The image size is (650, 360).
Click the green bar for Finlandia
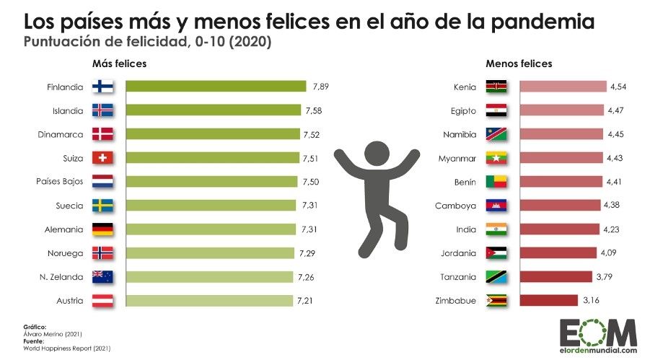pos(216,87)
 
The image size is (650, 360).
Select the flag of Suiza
pos(103,158)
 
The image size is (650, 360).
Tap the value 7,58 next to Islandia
pos(314,110)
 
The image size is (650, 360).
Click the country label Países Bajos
pos(61,182)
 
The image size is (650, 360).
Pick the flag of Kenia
pos(496,87)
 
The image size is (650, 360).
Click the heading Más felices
pos(119,63)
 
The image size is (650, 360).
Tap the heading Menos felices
pos(519,63)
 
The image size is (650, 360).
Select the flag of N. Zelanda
pos(103,276)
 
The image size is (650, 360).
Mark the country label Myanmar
pos(455,158)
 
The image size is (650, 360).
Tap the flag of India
pos(496,229)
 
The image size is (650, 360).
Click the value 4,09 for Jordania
pos(609,253)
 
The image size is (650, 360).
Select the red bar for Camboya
pos(558,206)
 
